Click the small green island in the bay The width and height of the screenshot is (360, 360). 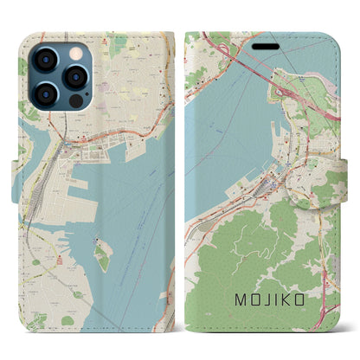(104, 256)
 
